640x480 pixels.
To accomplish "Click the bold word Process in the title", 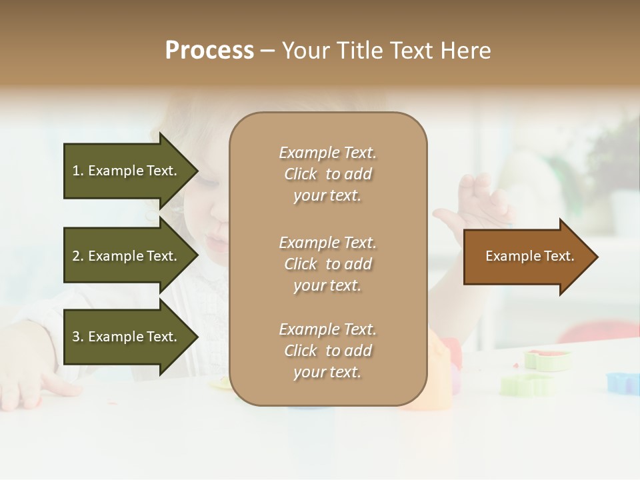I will click(209, 51).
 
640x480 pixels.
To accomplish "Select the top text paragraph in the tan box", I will click(327, 174).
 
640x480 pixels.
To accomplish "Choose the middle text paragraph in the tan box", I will click(327, 264).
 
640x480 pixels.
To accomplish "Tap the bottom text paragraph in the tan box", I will click(327, 351).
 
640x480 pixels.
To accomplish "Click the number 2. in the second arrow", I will click(78, 256).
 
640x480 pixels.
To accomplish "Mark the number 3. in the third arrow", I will click(78, 337).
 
